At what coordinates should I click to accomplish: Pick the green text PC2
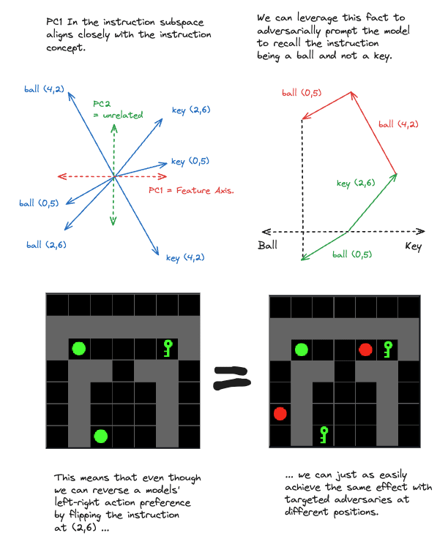104,103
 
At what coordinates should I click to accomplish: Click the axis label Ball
268,246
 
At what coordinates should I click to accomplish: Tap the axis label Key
413,246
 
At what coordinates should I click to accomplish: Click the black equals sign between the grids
232,378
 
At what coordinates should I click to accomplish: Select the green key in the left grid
168,347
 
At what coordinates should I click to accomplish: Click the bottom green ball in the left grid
101,437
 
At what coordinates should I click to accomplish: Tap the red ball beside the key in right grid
366,350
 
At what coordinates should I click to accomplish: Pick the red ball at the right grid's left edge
280,415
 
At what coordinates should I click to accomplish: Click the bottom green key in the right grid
323,435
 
